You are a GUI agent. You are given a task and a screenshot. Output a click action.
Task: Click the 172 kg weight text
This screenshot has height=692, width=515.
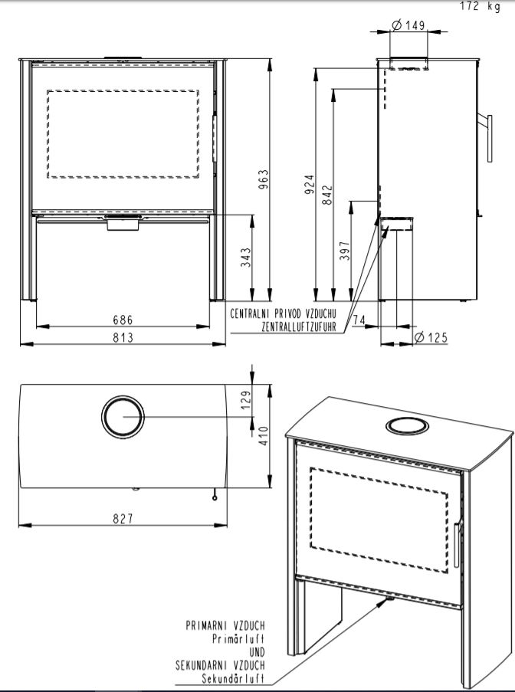point(481,6)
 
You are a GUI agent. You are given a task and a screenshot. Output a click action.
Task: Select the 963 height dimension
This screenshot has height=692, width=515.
point(263,179)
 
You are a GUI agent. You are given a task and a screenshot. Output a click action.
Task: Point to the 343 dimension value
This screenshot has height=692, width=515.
point(245,257)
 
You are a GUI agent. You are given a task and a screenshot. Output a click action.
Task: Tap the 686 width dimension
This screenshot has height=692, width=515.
point(123,319)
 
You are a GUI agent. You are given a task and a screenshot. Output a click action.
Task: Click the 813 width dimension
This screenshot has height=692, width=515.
point(123,337)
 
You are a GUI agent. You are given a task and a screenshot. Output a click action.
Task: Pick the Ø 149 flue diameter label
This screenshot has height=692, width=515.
point(408,25)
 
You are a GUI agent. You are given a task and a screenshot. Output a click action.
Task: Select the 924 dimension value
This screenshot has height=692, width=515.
point(310,184)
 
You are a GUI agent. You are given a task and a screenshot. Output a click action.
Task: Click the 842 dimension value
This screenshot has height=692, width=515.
point(327,195)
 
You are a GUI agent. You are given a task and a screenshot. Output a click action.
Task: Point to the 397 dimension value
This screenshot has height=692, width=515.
point(345,251)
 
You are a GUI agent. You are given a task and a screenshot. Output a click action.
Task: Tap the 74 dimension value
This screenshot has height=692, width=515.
point(359,320)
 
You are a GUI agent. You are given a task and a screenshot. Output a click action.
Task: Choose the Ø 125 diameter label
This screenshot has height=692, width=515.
point(431,338)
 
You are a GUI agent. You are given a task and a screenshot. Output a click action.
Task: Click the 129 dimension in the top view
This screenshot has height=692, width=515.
point(246,399)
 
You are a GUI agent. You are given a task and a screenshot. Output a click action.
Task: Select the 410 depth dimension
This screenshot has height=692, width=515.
point(264,435)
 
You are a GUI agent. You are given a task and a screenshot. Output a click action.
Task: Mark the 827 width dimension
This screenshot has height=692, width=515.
point(123,519)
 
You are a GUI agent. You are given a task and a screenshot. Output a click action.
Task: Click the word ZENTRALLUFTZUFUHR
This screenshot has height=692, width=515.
point(299,326)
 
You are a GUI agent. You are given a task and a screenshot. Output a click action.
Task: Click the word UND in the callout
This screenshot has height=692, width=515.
point(257,652)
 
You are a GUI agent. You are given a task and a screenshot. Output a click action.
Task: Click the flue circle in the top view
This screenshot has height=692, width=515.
point(123,396)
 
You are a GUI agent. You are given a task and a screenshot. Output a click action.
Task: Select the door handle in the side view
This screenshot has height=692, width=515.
point(490,138)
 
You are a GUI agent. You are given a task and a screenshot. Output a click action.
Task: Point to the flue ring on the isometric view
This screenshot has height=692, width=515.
point(407,419)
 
